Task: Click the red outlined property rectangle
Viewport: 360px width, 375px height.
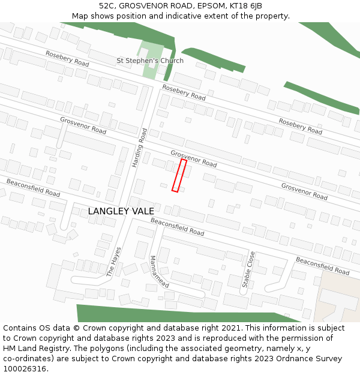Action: click(179, 175)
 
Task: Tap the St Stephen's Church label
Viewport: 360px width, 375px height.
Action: click(150, 61)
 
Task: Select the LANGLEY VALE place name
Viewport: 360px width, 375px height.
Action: click(121, 211)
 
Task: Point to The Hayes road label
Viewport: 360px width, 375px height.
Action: click(114, 261)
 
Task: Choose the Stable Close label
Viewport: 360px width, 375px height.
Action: click(248, 269)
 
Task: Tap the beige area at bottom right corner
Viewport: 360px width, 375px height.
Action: click(336, 297)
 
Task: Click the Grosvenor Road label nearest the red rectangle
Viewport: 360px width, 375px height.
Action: click(193, 158)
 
